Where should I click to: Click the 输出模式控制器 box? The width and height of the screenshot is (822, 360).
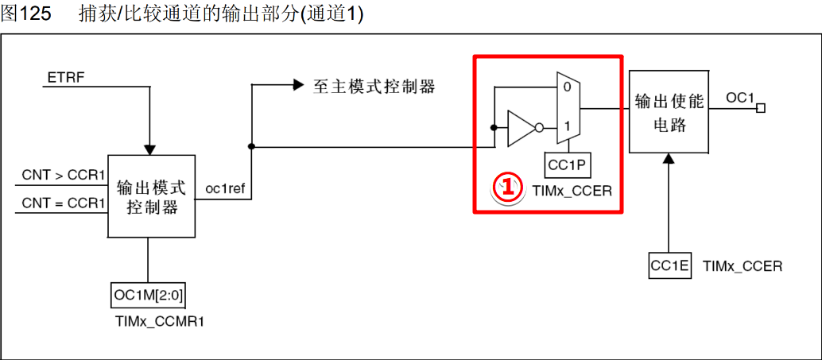click(151, 196)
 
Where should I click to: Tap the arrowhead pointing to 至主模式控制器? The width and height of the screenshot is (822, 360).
click(298, 84)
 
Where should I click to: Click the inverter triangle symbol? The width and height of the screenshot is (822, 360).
click(520, 127)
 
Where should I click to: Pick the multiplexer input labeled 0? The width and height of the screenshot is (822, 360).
click(567, 87)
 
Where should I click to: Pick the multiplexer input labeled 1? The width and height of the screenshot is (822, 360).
click(567, 126)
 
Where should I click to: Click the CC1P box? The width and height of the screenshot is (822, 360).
click(567, 165)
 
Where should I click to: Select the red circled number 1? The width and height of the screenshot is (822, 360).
click(507, 189)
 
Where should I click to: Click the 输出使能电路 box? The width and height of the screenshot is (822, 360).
click(668, 111)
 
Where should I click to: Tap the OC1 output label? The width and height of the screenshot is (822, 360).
click(739, 97)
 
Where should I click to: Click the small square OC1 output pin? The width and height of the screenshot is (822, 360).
click(760, 108)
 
